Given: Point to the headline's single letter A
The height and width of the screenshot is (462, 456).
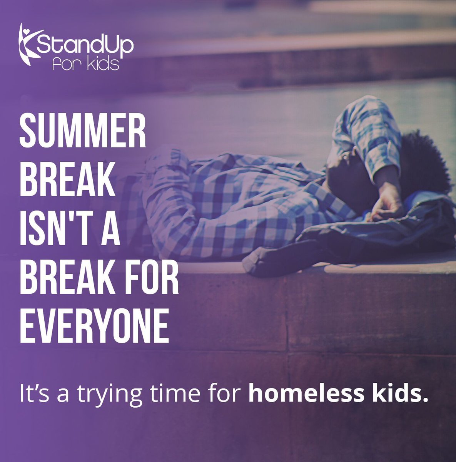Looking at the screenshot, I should (110, 227).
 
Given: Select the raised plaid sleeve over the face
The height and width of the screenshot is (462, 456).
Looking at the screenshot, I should (366, 131).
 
